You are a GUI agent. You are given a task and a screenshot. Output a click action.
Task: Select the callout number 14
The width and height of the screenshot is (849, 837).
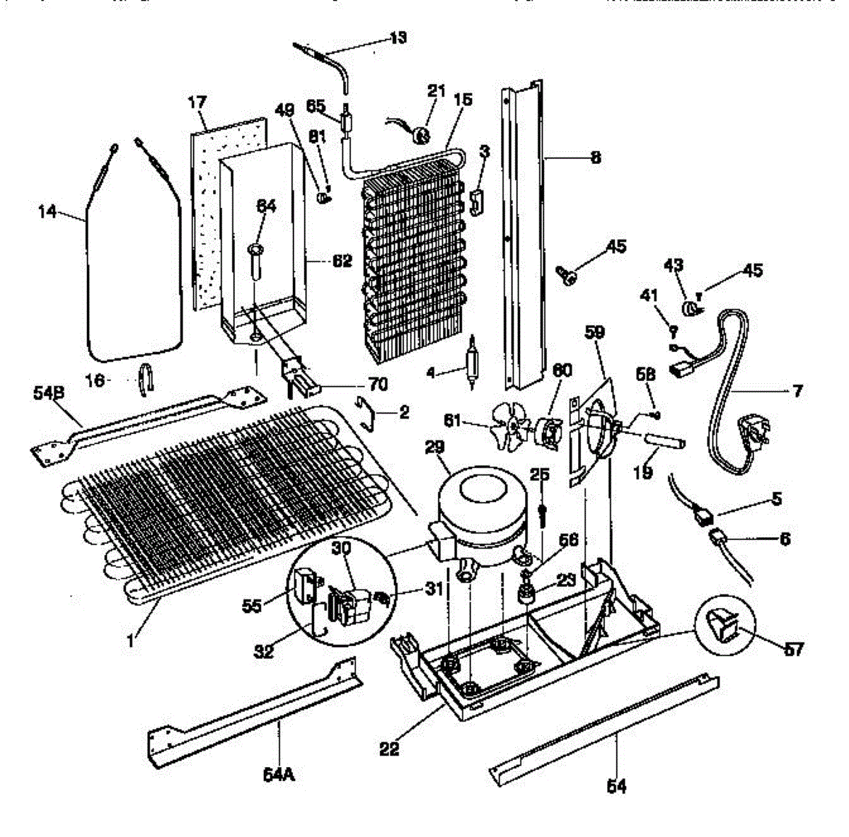click(x=47, y=211)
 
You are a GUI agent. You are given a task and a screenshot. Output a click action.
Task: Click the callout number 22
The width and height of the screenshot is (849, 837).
click(x=389, y=749)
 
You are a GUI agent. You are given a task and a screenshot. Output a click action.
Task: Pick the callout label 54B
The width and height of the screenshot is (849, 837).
click(x=48, y=391)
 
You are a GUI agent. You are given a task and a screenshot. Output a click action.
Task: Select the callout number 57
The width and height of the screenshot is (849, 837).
click(x=794, y=648)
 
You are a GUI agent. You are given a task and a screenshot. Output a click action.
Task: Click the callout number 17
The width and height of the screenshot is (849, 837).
click(x=196, y=103)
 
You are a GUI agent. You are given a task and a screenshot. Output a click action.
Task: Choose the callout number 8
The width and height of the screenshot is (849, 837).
click(x=594, y=158)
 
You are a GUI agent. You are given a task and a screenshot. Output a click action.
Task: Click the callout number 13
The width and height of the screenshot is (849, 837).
click(x=398, y=37)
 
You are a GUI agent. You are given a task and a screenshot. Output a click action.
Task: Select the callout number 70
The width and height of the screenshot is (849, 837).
click(x=379, y=384)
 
